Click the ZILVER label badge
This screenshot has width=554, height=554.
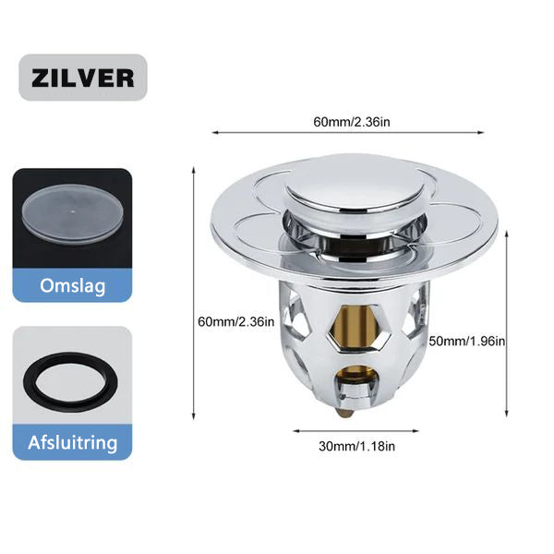pos(83,78)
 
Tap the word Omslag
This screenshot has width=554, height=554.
pos(72,286)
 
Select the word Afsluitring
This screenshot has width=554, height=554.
pos(72,442)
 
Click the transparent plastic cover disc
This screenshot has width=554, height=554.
pos(73,214)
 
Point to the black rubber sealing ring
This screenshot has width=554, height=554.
pos(72,382)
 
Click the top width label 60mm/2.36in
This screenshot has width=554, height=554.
pos(352,122)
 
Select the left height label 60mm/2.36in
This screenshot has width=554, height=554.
pos(236,322)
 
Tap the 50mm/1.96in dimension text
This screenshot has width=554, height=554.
pos(467,342)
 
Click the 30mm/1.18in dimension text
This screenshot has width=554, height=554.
pos(356,446)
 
